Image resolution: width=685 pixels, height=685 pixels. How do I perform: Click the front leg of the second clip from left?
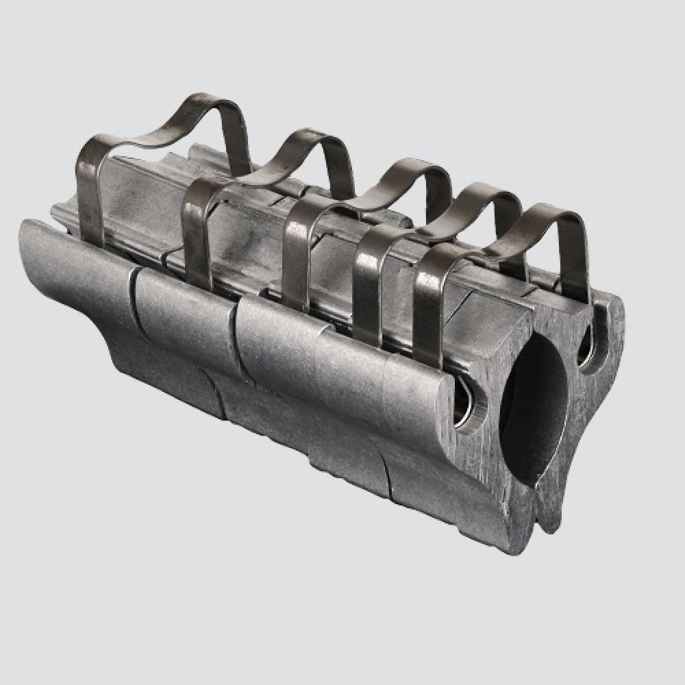coord(197,233)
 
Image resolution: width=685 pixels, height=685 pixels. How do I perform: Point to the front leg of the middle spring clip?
coord(297,264)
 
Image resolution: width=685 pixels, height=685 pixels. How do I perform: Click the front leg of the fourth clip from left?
coord(369,288)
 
